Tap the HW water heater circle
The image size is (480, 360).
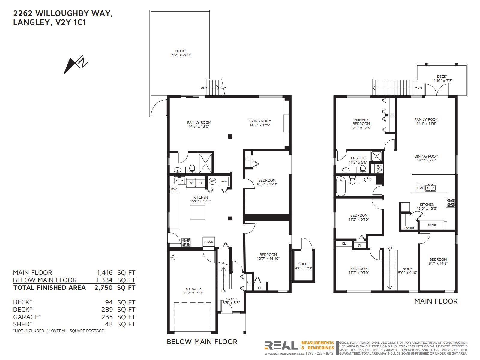212,181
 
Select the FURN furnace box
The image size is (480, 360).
224,181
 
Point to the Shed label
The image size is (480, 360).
303,264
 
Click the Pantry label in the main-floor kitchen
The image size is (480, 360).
409,228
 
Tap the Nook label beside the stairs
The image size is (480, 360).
407,269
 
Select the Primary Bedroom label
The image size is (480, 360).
361,121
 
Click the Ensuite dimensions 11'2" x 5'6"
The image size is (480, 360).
358,162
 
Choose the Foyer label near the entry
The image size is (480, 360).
231,299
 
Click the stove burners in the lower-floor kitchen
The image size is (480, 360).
186,242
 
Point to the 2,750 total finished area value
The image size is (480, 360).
103,288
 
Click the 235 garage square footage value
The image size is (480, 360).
107,317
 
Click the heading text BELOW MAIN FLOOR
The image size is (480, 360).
202,341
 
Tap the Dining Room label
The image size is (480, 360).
426,156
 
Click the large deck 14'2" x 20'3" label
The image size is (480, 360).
181,53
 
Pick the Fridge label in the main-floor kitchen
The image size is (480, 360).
432,225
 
